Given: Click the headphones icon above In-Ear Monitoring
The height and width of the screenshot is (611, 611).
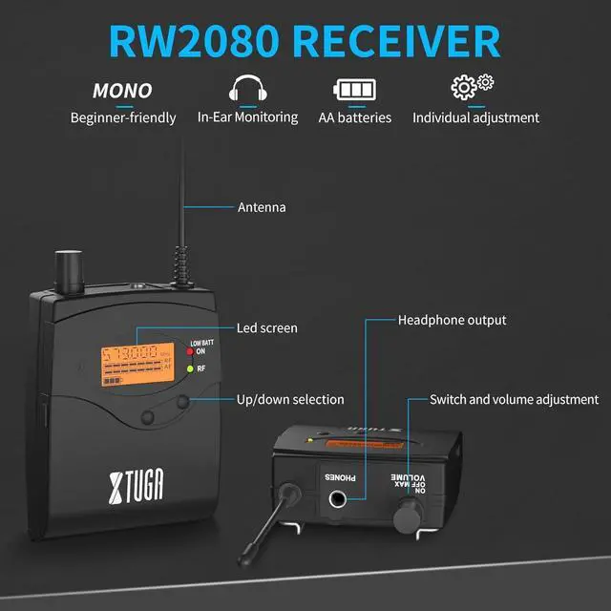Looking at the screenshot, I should (247, 90).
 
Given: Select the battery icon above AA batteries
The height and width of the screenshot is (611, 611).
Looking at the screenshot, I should (355, 90).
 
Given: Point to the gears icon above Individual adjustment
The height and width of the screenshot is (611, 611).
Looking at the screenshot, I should (472, 87).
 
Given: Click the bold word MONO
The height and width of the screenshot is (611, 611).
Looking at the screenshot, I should (122, 92).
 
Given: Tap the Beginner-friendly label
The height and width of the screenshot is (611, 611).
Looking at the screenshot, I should (123, 118).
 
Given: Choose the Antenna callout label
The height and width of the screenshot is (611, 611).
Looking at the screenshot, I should (262, 206).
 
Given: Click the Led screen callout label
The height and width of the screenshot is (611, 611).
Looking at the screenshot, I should (266, 327).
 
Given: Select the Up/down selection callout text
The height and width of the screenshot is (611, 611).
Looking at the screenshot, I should (290, 399).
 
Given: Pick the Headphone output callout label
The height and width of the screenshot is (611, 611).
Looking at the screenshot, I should (452, 320).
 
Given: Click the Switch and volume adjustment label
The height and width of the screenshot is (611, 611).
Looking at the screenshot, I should (514, 399).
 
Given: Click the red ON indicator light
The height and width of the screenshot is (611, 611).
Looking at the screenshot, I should (190, 351).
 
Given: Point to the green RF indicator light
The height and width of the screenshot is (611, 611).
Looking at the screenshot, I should (190, 369).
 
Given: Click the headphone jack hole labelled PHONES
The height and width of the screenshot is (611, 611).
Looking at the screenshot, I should (339, 497).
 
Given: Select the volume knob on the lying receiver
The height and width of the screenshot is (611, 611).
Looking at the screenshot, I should (406, 515).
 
